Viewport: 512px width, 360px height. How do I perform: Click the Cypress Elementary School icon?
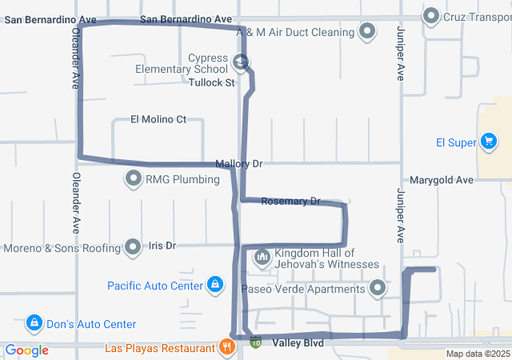click(240, 62)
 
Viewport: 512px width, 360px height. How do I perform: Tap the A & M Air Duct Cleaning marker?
click(367, 32)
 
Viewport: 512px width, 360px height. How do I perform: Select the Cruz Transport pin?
click(432, 15)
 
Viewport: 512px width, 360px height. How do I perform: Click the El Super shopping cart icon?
click(488, 143)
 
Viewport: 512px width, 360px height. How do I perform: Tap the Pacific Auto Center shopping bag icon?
click(215, 285)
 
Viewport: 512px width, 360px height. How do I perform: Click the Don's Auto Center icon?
click(34, 324)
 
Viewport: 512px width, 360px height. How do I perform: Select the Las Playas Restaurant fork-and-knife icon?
click(227, 347)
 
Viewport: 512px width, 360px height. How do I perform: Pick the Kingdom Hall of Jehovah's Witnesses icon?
click(262, 258)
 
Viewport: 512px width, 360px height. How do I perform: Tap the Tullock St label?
click(212, 82)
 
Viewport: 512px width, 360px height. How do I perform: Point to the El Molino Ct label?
click(158, 120)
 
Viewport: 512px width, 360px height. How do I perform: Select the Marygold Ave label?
click(442, 181)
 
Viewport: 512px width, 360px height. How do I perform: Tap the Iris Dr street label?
click(162, 246)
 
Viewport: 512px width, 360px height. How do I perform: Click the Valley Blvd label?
click(298, 343)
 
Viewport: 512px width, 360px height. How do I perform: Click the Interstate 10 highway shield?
click(255, 343)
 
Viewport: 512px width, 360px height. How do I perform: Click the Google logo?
click(27, 350)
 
